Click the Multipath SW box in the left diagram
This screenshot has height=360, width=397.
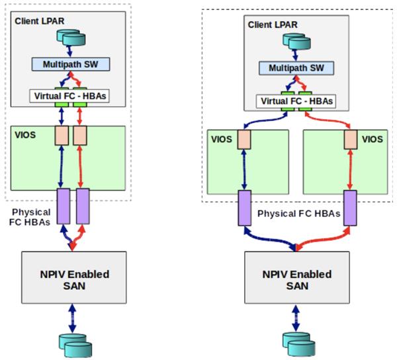click(69, 64)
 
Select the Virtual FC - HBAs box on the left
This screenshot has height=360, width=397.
click(70, 96)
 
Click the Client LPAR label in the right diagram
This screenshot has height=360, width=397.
click(271, 24)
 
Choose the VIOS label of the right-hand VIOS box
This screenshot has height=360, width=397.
click(373, 140)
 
